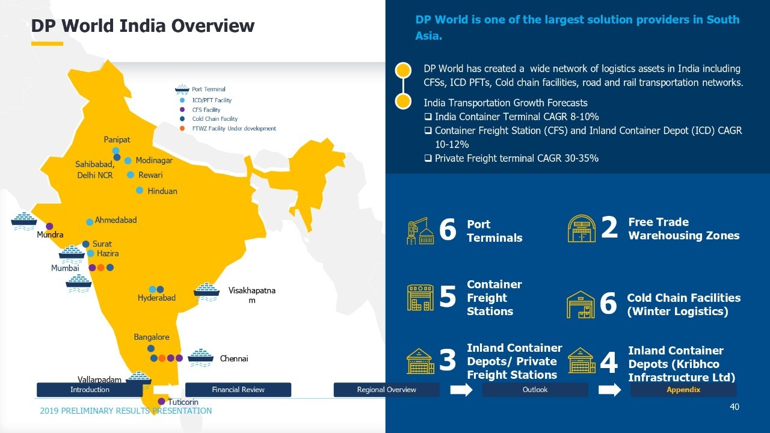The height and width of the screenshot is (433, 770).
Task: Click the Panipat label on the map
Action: pyautogui.click(x=117, y=140)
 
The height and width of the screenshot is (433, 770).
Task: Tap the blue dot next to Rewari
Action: pyautogui.click(x=131, y=175)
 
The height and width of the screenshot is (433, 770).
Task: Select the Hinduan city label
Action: pyautogui.click(x=162, y=191)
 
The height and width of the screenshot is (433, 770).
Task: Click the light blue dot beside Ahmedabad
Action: pyautogui.click(x=90, y=222)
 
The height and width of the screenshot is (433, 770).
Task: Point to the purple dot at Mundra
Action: pyautogui.click(x=49, y=226)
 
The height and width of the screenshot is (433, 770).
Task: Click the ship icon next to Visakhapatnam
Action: pyautogui.click(x=206, y=292)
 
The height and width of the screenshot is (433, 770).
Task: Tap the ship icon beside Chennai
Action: pyautogui.click(x=201, y=358)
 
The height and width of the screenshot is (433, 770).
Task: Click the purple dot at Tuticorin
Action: pyautogui.click(x=161, y=401)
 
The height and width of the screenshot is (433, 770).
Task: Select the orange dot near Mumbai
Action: pyautogui.click(x=100, y=268)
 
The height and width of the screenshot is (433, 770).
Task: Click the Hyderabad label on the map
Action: pyautogui.click(x=156, y=298)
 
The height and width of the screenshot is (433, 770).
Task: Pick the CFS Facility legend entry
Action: pyautogui.click(x=206, y=109)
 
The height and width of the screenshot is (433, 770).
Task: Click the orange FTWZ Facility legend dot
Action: pyautogui.click(x=182, y=129)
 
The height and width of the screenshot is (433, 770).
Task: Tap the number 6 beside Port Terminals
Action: pyautogui.click(x=448, y=230)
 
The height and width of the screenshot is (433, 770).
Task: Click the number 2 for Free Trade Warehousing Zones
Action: pyautogui.click(x=609, y=227)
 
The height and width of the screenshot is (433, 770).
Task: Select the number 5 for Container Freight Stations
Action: pyautogui.click(x=448, y=296)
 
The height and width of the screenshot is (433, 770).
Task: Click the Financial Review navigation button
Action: pyautogui.click(x=238, y=390)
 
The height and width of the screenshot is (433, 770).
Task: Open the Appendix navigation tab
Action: pyautogui.click(x=683, y=390)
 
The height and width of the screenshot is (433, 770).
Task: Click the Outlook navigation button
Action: pyautogui.click(x=535, y=390)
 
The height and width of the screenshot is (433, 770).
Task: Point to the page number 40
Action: pyautogui.click(x=735, y=407)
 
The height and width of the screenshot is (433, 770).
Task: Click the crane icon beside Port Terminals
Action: pyautogui.click(x=420, y=230)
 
